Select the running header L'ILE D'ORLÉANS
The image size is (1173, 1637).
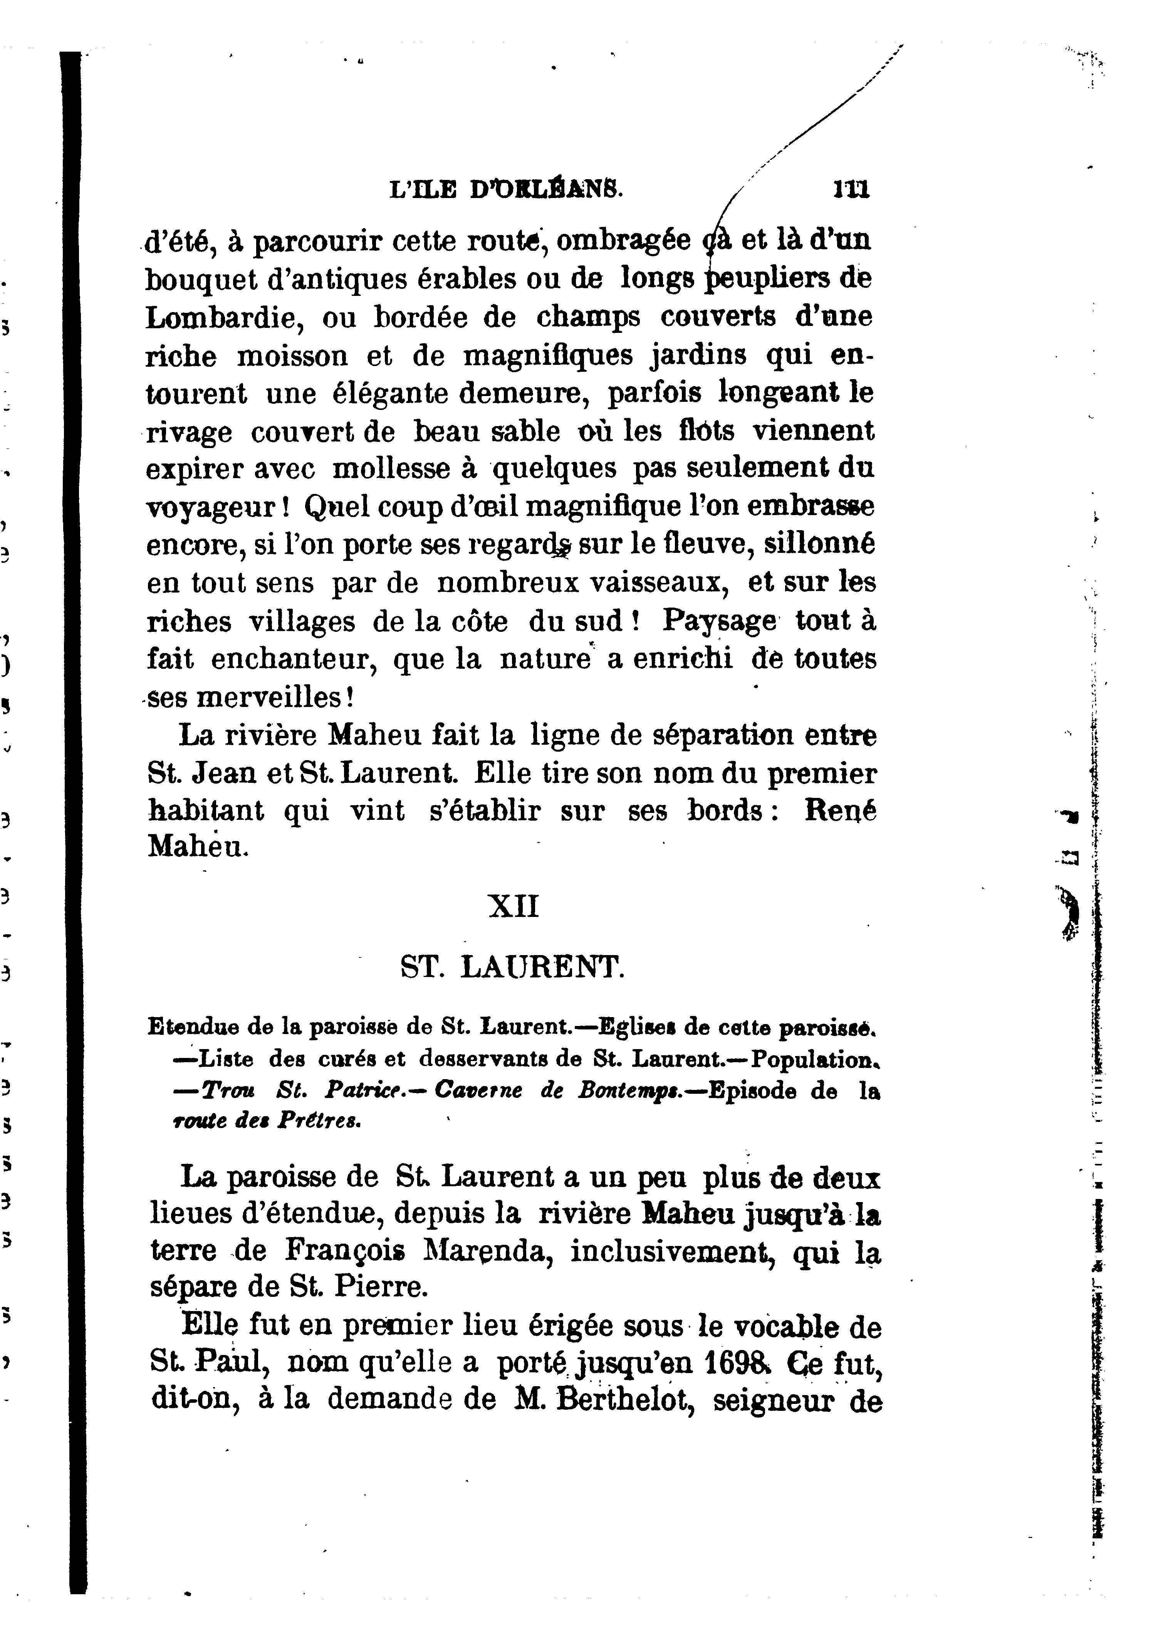pyautogui.click(x=505, y=190)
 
